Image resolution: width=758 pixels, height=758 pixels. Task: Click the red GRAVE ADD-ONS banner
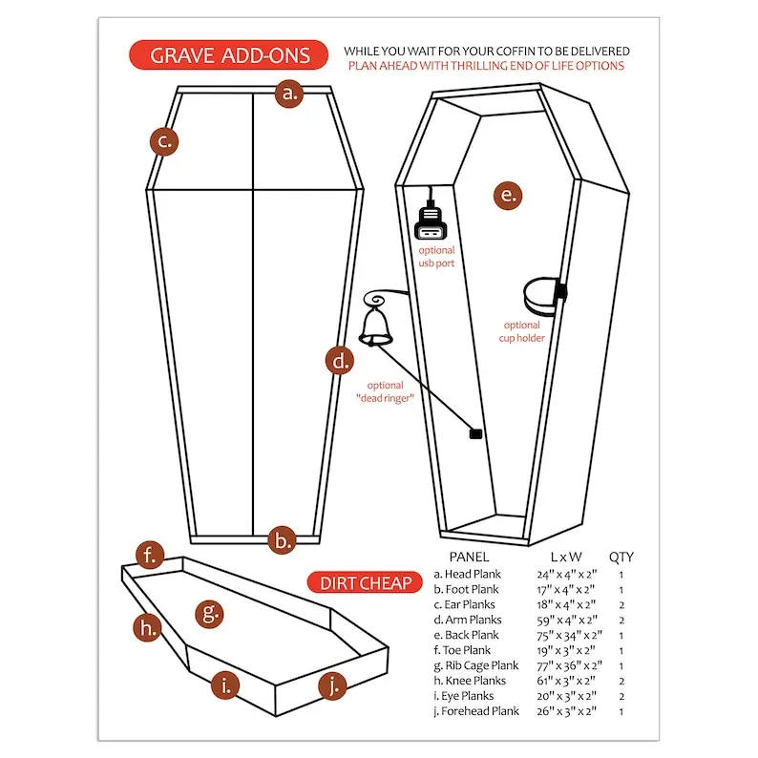(228, 55)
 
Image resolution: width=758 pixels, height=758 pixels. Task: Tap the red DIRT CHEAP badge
(365, 582)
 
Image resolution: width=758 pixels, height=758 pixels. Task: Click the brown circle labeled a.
(289, 94)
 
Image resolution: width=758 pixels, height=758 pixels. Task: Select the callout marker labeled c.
(164, 141)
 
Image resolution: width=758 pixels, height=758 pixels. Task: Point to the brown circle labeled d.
(340, 361)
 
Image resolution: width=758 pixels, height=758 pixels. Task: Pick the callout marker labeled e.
(508, 196)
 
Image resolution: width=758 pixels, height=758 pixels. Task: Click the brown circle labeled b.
(282, 540)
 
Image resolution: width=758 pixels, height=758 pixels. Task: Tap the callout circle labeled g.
(209, 614)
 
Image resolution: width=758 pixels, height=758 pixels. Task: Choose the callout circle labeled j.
(332, 686)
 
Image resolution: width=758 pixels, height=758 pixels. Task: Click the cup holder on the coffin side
(544, 295)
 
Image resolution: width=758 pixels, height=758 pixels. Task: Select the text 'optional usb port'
(436, 257)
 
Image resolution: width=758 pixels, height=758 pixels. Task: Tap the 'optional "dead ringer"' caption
(386, 391)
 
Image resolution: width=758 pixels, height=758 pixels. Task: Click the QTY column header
(621, 557)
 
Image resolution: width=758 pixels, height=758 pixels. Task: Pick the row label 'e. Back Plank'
(466, 635)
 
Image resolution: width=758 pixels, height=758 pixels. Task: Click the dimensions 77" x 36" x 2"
(570, 665)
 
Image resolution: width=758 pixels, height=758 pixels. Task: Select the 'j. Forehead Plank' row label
(476, 711)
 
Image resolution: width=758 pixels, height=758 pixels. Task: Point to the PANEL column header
(469, 557)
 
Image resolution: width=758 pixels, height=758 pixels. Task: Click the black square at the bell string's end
(475, 434)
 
